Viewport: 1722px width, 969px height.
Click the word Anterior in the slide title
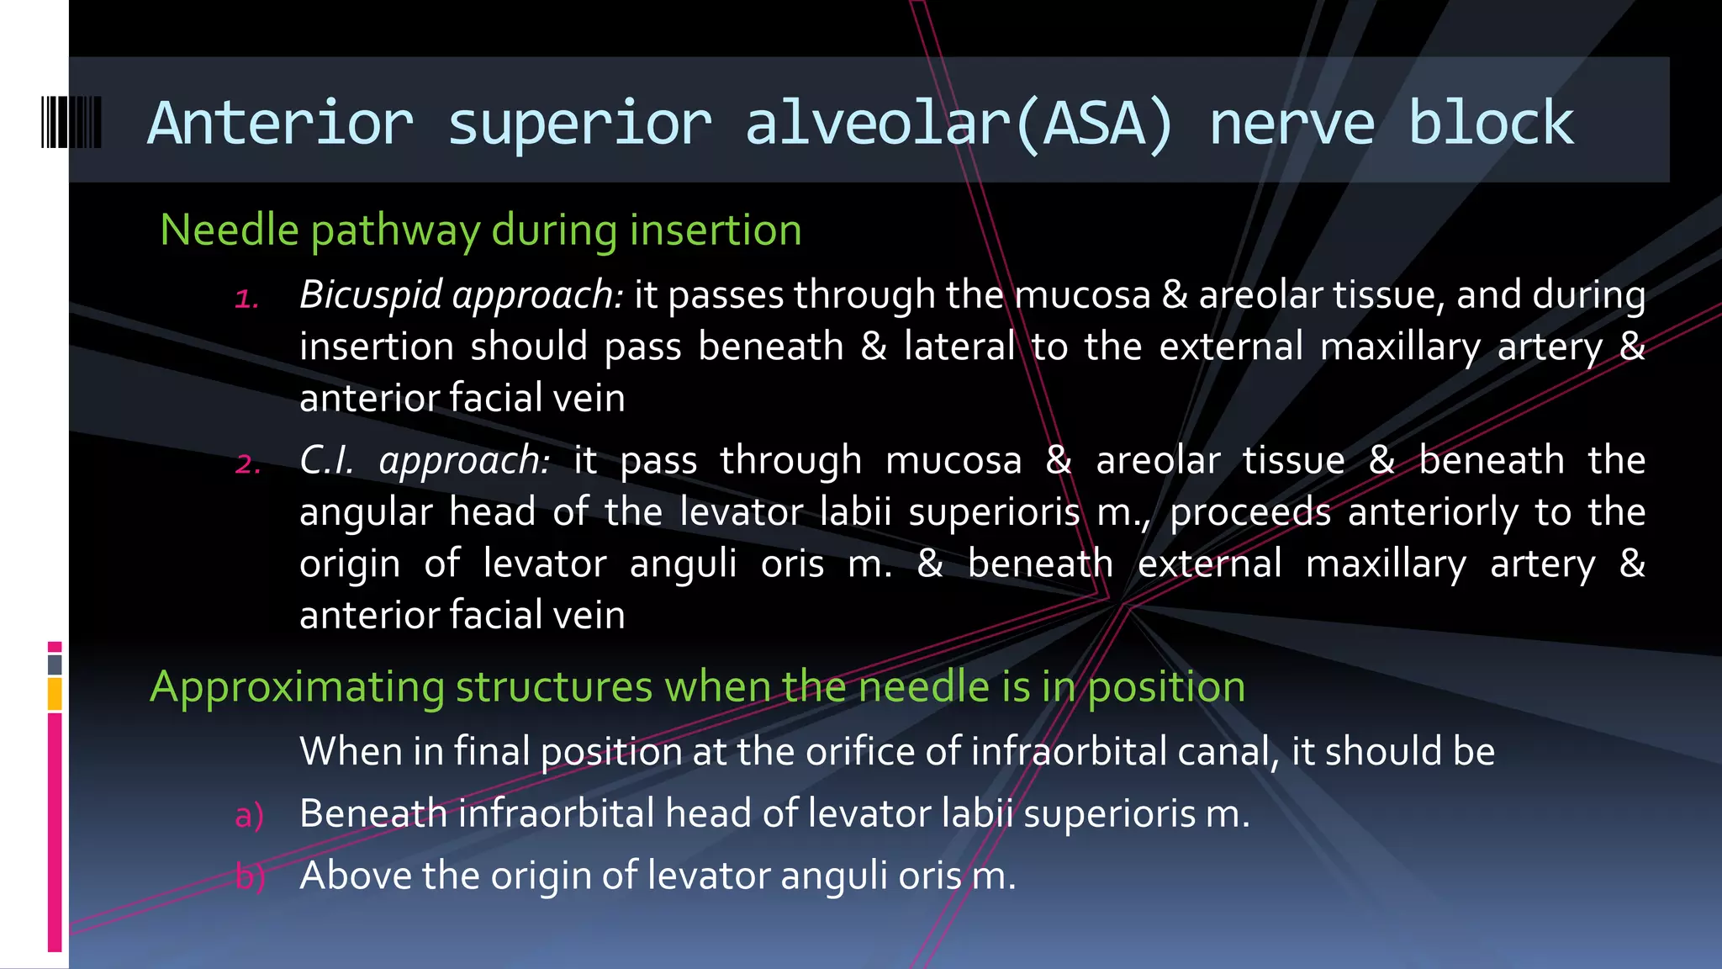(x=280, y=124)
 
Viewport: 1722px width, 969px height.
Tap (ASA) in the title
(x=1093, y=124)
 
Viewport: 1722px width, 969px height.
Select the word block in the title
(x=1490, y=124)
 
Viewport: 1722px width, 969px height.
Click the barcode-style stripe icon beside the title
(x=71, y=123)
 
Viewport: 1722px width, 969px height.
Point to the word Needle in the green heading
(x=230, y=230)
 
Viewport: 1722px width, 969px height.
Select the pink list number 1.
(x=246, y=299)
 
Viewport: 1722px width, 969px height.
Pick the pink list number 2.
(x=247, y=464)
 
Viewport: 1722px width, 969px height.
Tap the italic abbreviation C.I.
(x=326, y=460)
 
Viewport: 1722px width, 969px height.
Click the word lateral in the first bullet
(x=959, y=347)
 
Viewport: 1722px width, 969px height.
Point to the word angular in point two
(x=365, y=513)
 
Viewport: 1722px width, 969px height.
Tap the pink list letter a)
(x=249, y=815)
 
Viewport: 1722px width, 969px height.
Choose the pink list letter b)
(x=250, y=876)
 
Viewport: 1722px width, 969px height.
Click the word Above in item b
(x=356, y=876)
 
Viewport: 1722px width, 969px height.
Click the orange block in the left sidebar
(x=55, y=694)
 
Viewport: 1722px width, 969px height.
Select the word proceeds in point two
(x=1250, y=512)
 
